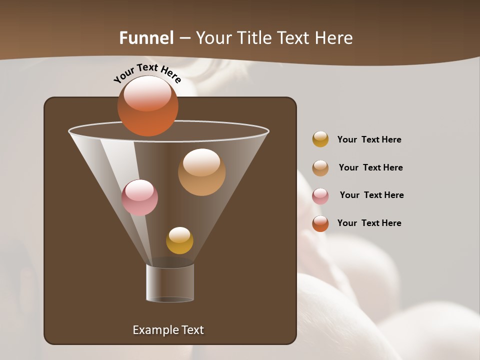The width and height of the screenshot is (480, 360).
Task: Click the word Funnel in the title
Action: click(x=146, y=38)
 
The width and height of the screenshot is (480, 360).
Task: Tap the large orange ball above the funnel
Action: click(x=147, y=106)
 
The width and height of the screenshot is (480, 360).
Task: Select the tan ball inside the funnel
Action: click(x=201, y=172)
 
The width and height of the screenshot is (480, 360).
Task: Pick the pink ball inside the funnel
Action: click(x=139, y=197)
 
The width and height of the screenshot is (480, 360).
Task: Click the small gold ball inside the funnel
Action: click(x=179, y=240)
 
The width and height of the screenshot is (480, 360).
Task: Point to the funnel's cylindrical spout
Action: click(x=170, y=283)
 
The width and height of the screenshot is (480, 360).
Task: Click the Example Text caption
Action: click(x=168, y=330)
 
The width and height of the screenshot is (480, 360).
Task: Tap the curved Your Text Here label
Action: click(x=147, y=73)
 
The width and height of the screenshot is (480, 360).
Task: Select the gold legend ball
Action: click(x=320, y=139)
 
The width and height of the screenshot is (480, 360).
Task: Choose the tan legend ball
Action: click(x=320, y=168)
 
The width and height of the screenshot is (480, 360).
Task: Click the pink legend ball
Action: click(x=320, y=196)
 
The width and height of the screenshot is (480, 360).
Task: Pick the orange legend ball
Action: click(x=320, y=223)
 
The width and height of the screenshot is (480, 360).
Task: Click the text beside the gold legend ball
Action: click(x=369, y=139)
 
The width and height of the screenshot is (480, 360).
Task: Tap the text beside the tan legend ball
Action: click(x=370, y=167)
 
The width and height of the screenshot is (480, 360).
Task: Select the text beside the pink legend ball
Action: click(x=371, y=195)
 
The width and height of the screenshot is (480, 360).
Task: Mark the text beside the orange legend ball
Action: click(x=369, y=223)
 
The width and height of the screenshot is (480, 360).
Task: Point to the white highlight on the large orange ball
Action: click(x=147, y=93)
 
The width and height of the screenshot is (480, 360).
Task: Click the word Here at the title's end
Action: click(x=334, y=38)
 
